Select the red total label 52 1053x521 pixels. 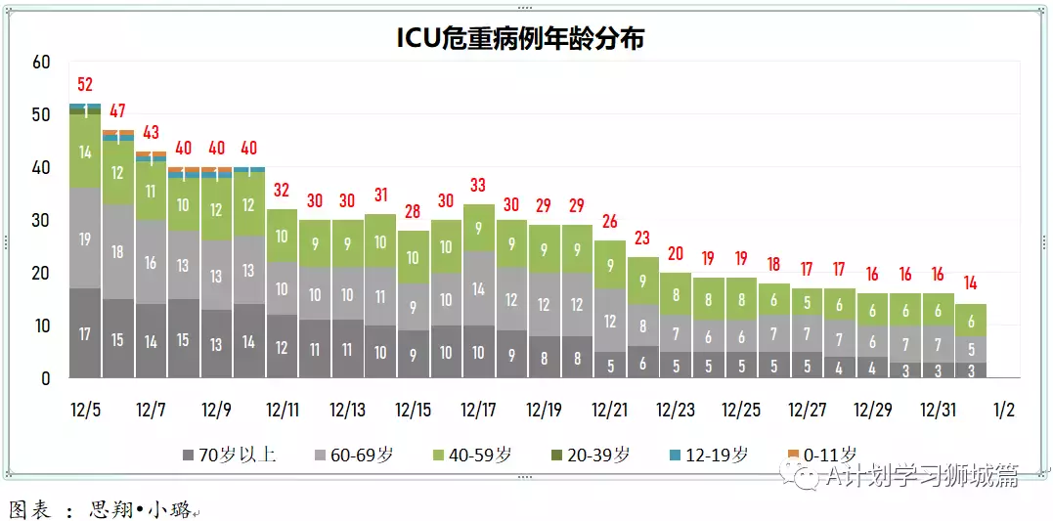click(x=85, y=85)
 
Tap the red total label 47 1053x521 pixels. click(x=118, y=111)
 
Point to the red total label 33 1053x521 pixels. click(x=478, y=185)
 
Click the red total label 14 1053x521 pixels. click(x=970, y=284)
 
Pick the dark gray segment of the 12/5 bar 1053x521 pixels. click(x=85, y=333)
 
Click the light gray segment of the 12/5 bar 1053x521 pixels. click(x=85, y=239)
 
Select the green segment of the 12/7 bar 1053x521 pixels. click(x=151, y=191)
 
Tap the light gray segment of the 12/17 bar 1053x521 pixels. click(x=478, y=288)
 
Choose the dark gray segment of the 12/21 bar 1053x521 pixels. click(x=609, y=365)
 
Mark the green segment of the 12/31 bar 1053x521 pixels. click(x=938, y=310)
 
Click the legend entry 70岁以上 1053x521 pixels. click(x=229, y=455)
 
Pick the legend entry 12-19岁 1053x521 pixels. click(x=711, y=455)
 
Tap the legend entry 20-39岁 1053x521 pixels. click(x=592, y=455)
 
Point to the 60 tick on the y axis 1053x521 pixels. click(x=41, y=63)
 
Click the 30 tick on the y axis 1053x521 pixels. click(x=41, y=220)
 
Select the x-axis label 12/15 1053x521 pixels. click(x=413, y=410)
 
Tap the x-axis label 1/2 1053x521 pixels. click(x=1004, y=410)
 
